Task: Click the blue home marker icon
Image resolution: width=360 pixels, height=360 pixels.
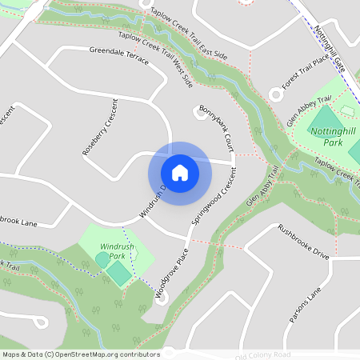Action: (179, 172)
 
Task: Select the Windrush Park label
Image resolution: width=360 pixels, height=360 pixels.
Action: (118, 250)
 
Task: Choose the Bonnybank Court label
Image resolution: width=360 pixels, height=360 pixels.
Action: (217, 127)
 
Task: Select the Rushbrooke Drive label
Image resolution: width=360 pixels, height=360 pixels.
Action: (303, 241)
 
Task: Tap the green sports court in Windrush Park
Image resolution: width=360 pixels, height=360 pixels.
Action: (118, 274)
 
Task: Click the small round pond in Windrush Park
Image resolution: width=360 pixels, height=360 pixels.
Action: (102, 260)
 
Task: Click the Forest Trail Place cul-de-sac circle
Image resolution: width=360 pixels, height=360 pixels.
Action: (276, 94)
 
